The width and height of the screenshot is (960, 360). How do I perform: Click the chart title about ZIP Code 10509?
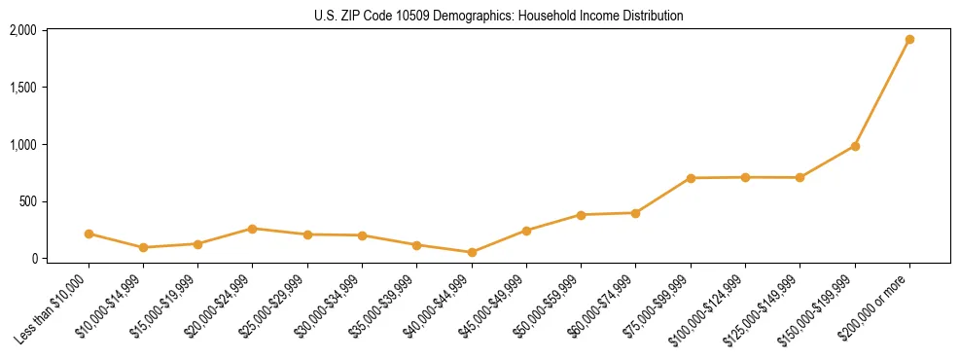pos(498,16)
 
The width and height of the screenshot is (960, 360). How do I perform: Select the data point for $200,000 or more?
pos(909,40)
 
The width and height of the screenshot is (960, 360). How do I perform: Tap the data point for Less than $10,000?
pos(89,234)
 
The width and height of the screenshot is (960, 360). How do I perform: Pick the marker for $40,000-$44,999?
pos(472,252)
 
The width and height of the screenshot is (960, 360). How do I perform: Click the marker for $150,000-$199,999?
pos(855,146)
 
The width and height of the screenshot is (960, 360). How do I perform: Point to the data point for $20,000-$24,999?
pos(253,229)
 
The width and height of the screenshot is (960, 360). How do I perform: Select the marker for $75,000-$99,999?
pos(691,178)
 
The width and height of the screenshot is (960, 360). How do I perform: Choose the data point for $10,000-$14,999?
pos(143,247)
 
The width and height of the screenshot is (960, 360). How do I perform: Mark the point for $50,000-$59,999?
pos(581,215)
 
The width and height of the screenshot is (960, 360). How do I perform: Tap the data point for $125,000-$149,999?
pos(800,177)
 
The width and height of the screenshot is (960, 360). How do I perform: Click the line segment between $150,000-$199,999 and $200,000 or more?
pos(882,93)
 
